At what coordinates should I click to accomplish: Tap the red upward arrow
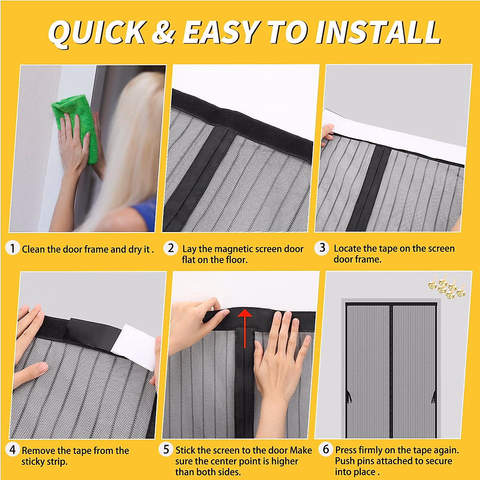point(244,326)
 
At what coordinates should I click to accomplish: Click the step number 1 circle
point(12,248)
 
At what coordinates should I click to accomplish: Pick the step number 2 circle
point(170,248)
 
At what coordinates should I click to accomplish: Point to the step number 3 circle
point(322,248)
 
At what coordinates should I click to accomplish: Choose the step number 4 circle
point(12,450)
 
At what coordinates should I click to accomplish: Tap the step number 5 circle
point(166,449)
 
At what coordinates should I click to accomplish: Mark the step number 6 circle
point(326,449)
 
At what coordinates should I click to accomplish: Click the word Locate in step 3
point(347,248)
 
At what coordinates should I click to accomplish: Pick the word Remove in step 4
point(38,450)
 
